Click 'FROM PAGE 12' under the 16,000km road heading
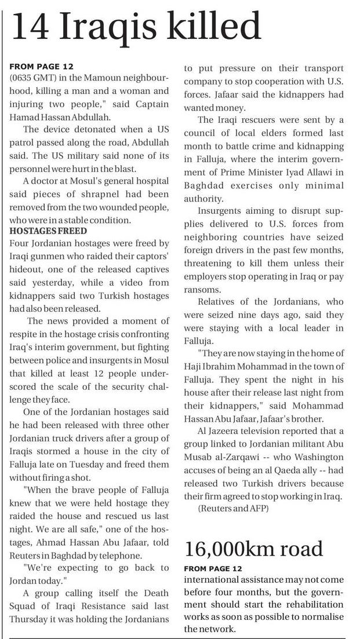(215, 569)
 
